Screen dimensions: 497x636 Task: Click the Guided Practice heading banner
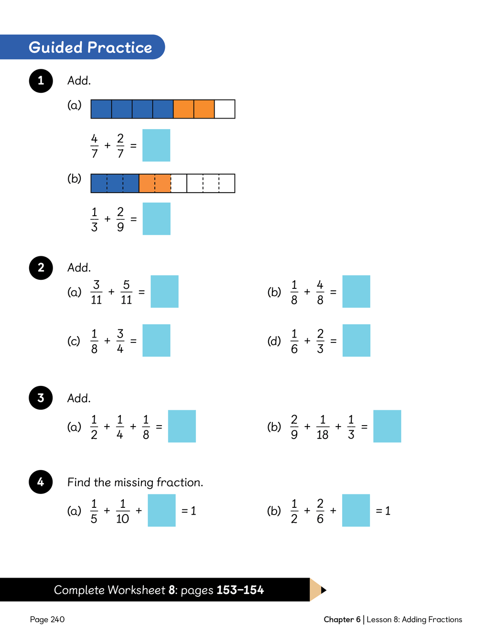click(82, 47)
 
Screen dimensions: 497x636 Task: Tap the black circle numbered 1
click(41, 81)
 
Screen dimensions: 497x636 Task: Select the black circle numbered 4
click(41, 482)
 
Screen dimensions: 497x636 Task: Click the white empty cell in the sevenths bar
click(225, 109)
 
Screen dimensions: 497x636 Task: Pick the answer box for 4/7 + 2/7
click(156, 145)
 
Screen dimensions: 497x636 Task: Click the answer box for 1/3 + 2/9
click(156, 219)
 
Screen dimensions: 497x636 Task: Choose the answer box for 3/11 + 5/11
click(164, 292)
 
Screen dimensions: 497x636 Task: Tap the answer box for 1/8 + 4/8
click(356, 292)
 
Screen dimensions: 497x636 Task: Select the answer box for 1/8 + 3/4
click(156, 340)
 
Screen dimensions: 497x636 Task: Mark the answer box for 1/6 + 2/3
click(357, 340)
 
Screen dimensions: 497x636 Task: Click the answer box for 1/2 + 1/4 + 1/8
click(182, 426)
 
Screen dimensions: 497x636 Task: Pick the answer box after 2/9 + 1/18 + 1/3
click(387, 426)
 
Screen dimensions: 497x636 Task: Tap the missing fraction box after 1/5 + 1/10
click(162, 510)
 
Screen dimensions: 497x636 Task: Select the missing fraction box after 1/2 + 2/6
click(356, 510)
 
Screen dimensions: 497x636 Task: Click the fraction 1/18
click(323, 427)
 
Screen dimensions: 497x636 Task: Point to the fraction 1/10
click(122, 511)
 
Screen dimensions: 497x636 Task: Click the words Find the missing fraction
click(135, 482)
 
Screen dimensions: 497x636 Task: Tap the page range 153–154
click(240, 590)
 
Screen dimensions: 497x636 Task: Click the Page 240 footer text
click(47, 619)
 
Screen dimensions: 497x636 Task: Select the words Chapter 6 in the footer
click(342, 619)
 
